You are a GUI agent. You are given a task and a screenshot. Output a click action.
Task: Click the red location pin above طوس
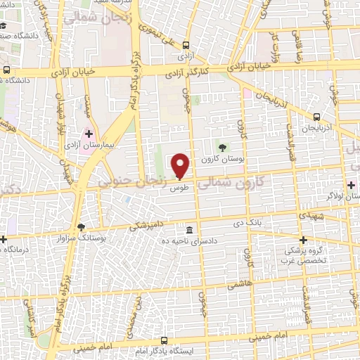point(181,165)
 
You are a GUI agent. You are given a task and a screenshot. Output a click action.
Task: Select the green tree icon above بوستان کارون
point(223,148)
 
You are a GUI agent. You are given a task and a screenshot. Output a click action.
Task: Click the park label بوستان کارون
point(223,160)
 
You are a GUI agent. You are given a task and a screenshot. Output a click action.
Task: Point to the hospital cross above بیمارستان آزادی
point(89,133)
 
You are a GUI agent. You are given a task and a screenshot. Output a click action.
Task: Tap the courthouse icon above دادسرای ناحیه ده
point(190,230)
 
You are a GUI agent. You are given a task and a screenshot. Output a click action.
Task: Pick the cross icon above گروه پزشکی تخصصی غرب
point(304,240)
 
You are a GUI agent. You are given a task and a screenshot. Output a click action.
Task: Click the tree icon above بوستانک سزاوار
point(81,228)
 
